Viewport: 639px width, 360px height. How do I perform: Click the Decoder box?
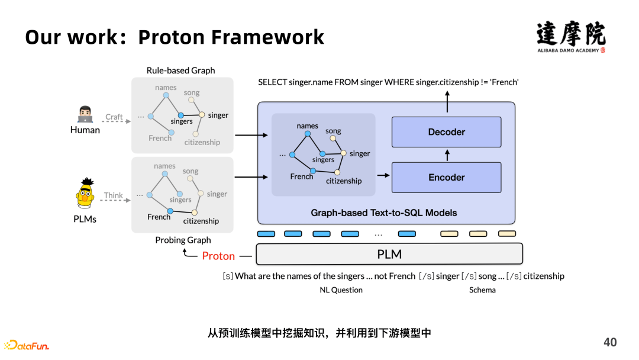pyautogui.click(x=446, y=132)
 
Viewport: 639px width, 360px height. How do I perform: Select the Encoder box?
pyautogui.click(x=446, y=177)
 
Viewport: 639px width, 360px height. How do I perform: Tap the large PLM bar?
pyautogui.click(x=389, y=254)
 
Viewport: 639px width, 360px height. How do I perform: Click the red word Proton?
pyautogui.click(x=218, y=256)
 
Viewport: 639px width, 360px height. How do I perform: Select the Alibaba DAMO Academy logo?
pyautogui.click(x=571, y=37)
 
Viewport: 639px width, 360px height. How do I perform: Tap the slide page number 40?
pyautogui.click(x=610, y=342)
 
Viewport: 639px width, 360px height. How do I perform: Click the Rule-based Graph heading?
pyautogui.click(x=181, y=70)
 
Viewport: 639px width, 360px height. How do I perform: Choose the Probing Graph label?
pyautogui.click(x=183, y=240)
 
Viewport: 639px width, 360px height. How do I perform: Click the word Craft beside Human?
pyautogui.click(x=114, y=117)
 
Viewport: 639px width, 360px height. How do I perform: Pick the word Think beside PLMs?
pyautogui.click(x=114, y=195)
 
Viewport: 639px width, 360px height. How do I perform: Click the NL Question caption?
pyautogui.click(x=341, y=290)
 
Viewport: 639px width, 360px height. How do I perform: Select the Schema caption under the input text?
pyautogui.click(x=482, y=290)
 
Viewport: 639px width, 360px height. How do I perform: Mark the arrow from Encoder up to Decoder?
pyautogui.click(x=447, y=155)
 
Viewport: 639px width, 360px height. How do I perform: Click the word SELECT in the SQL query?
pyautogui.click(x=272, y=82)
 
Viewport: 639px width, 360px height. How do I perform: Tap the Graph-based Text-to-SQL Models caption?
pyautogui.click(x=384, y=213)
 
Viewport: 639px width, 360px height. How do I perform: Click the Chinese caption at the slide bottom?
pyautogui.click(x=319, y=333)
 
